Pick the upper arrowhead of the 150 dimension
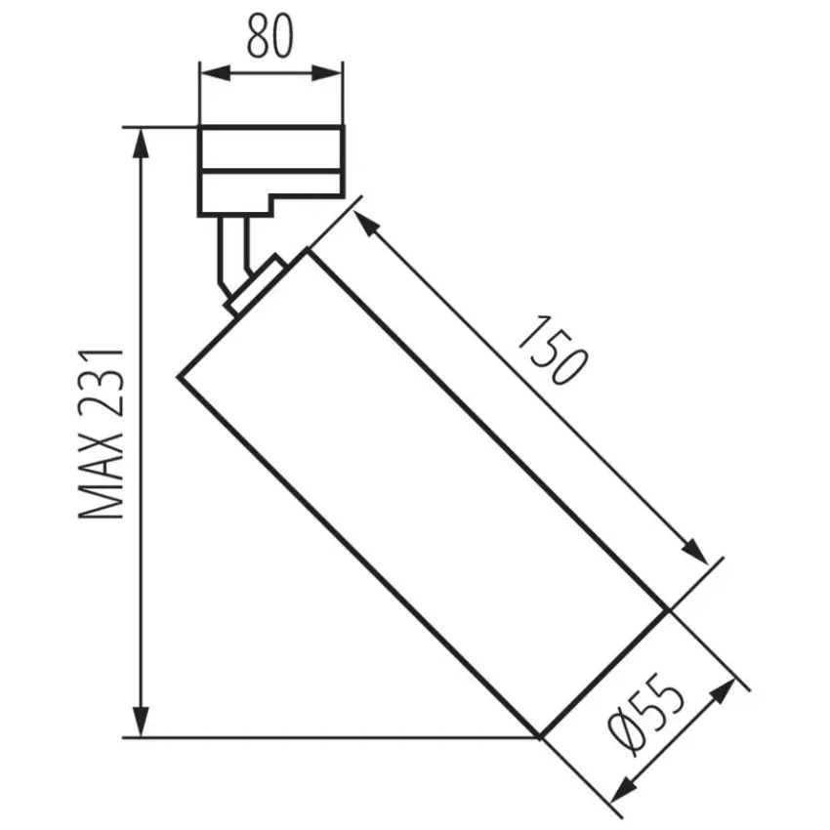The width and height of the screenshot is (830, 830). pyautogui.click(x=364, y=224)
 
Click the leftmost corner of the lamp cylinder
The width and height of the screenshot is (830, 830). pyautogui.click(x=178, y=376)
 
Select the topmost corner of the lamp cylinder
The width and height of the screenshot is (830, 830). pyautogui.click(x=309, y=251)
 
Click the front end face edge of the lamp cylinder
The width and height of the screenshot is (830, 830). pyautogui.click(x=604, y=674)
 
